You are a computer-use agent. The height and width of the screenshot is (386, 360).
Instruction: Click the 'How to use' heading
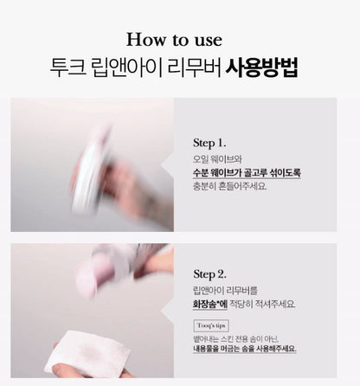point(179,39)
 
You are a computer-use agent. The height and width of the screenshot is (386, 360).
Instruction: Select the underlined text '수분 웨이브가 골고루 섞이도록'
point(247,173)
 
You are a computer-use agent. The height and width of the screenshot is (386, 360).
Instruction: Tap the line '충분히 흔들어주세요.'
point(229,185)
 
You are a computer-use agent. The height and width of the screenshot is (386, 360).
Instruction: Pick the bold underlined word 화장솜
point(207,304)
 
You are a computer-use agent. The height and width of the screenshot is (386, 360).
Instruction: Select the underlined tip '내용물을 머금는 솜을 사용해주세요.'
point(244,348)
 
